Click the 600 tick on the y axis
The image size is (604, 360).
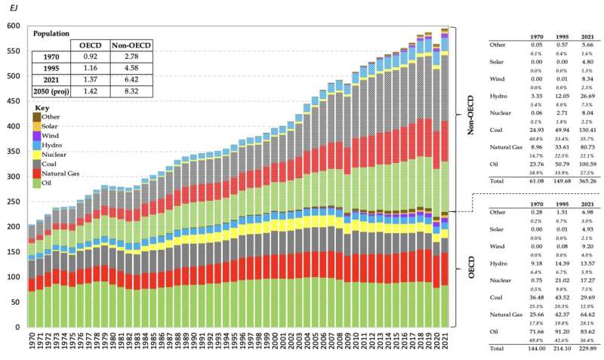[13, 26]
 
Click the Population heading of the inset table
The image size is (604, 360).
[52, 33]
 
